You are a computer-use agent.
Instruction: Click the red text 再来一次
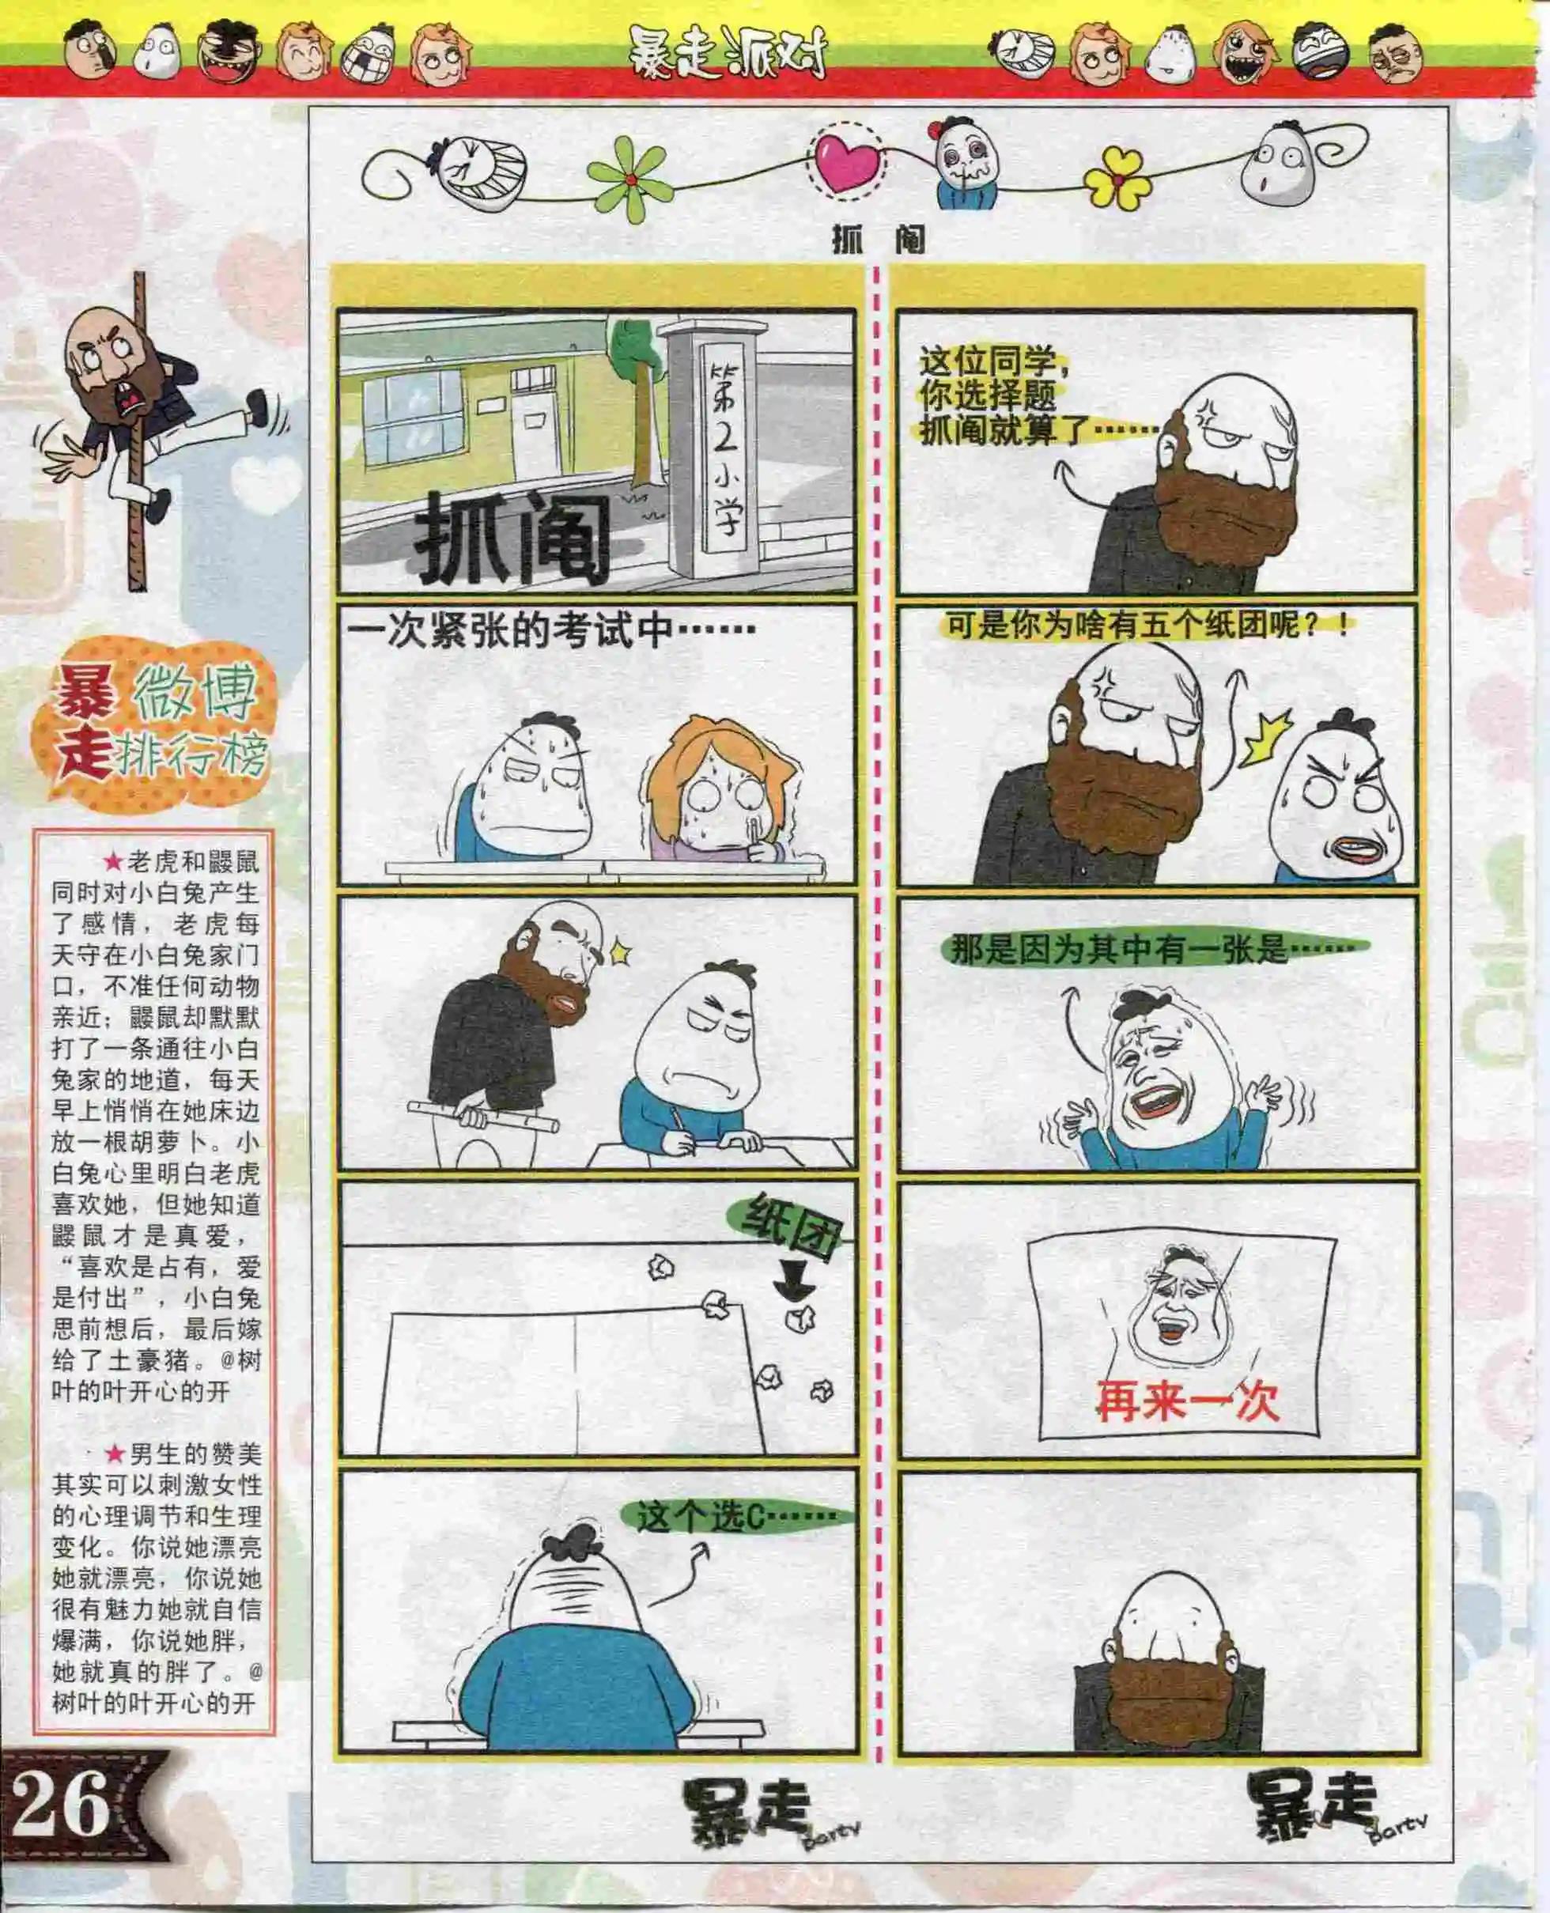(x=1188, y=1401)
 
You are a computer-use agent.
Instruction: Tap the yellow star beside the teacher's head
(x=620, y=951)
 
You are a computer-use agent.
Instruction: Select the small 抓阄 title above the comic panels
(x=878, y=240)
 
